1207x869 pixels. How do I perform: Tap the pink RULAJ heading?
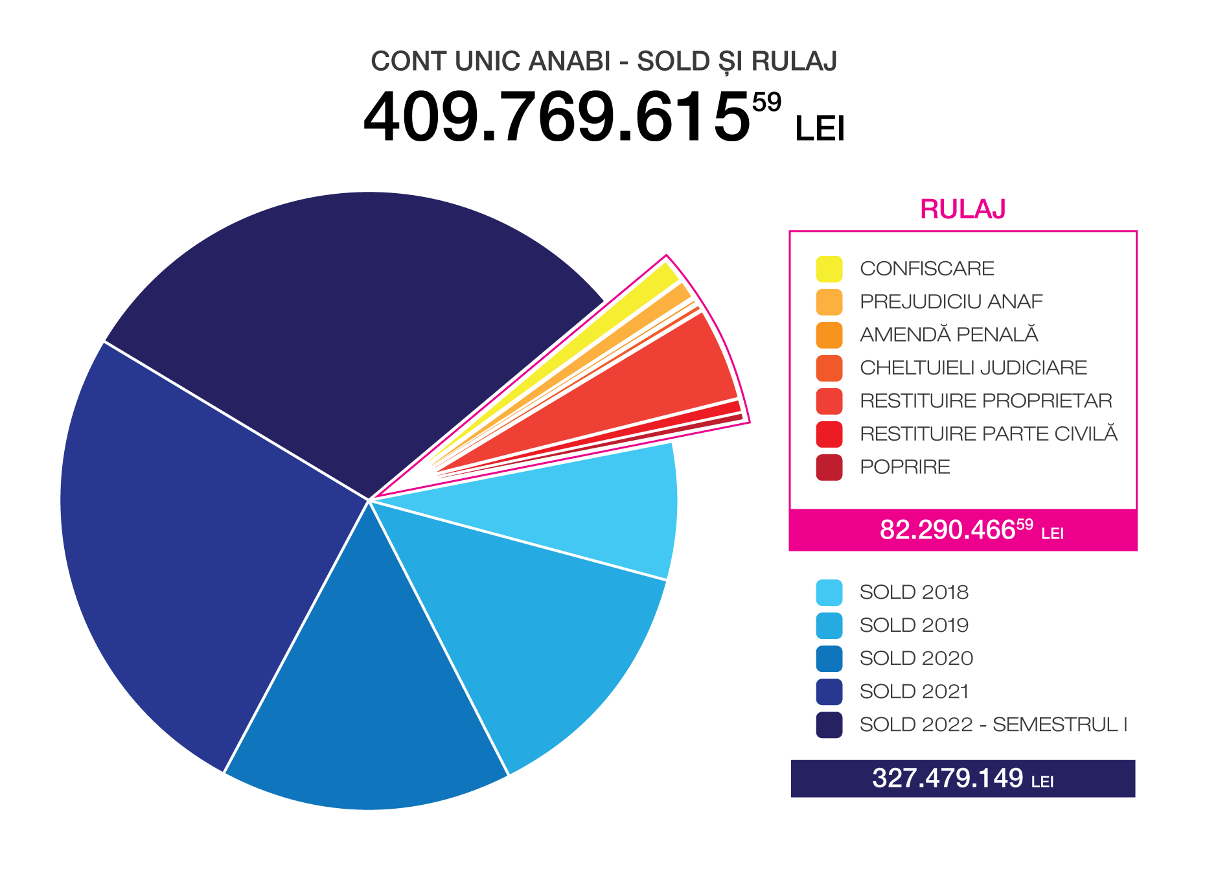click(962, 209)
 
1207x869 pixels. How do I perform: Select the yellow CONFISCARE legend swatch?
click(829, 269)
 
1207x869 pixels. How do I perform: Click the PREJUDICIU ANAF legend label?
click(950, 301)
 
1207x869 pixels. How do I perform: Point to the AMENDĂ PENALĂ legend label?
click(948, 334)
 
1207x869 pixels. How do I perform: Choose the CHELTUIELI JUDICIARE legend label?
click(972, 367)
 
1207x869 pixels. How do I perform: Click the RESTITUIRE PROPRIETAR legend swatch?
click(829, 401)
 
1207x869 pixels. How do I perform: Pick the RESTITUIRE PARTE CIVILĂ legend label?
click(988, 434)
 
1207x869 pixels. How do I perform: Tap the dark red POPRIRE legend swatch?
click(829, 467)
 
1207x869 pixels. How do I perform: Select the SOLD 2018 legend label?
click(914, 592)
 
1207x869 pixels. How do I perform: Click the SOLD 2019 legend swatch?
click(829, 625)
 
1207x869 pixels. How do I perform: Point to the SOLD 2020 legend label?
click(916, 658)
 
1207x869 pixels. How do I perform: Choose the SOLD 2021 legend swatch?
click(829, 691)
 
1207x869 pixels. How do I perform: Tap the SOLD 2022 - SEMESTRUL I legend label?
click(993, 724)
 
